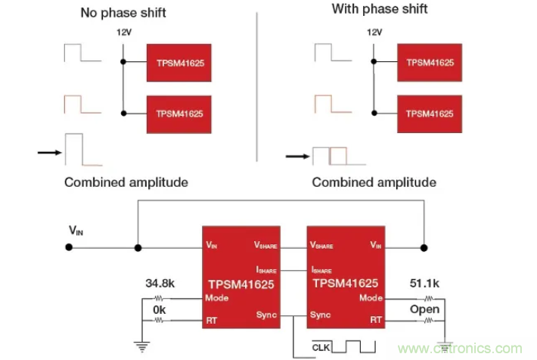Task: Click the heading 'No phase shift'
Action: point(123,13)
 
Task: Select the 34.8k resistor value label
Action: point(160,284)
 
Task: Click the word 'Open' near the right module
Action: point(424,310)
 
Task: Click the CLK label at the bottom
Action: point(323,346)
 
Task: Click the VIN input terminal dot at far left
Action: point(70,247)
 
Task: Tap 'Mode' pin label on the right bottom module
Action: point(371,297)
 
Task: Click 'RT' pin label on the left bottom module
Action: point(211,320)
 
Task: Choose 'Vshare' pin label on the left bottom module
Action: point(265,246)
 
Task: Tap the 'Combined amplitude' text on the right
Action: point(374,182)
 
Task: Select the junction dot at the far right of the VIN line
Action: point(424,247)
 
